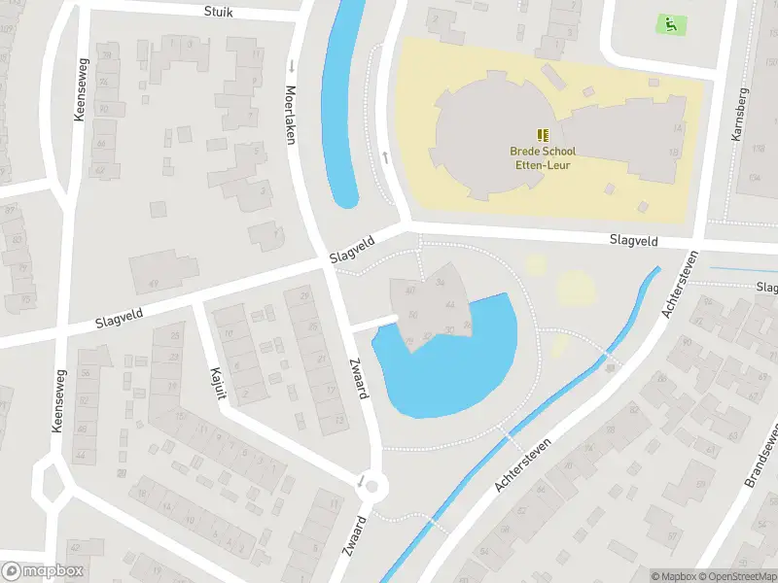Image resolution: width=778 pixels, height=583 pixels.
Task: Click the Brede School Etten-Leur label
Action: click(x=543, y=157)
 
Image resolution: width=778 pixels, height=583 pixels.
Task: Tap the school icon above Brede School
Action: click(x=543, y=135)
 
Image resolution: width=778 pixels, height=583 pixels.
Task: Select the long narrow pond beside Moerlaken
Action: click(x=340, y=107)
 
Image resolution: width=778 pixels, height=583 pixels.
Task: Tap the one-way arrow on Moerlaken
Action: click(x=291, y=66)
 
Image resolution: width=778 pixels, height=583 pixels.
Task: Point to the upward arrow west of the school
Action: click(x=386, y=157)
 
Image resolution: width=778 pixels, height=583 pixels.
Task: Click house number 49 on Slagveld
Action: click(x=153, y=284)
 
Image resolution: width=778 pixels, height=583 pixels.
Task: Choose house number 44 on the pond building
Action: click(x=449, y=304)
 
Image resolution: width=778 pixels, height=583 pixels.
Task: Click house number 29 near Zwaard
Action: click(x=304, y=295)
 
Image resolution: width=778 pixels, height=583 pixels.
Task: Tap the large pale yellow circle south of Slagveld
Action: click(x=576, y=288)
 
